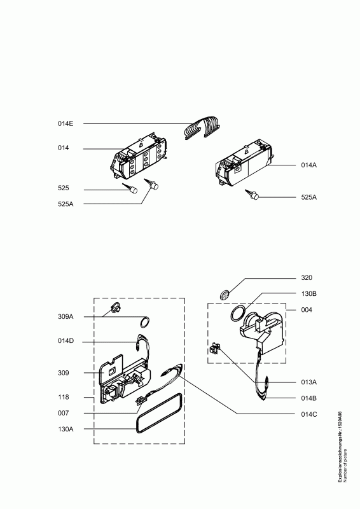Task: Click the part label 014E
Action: click(66, 123)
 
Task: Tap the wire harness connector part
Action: click(202, 128)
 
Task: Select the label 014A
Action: click(308, 165)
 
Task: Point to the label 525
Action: click(64, 188)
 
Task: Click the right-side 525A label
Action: click(308, 197)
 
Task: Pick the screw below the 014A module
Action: click(253, 195)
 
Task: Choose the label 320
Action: click(307, 277)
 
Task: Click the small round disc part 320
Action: click(224, 295)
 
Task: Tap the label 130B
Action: click(308, 293)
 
